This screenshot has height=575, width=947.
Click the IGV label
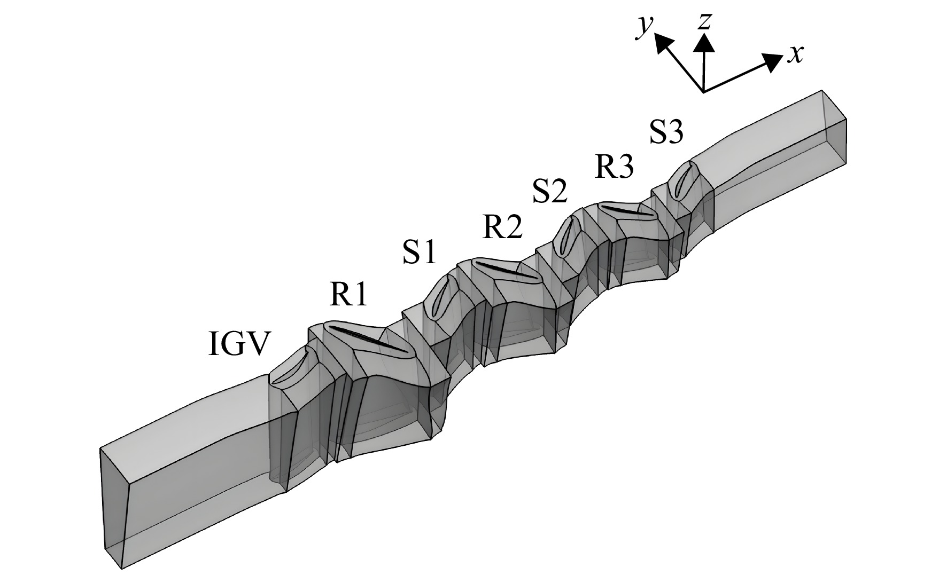(x=237, y=345)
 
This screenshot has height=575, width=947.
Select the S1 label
(x=420, y=253)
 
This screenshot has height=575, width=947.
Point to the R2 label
(x=502, y=226)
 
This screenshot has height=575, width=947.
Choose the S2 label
(x=549, y=192)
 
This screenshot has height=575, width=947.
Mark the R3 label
(x=615, y=166)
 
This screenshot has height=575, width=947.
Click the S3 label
(x=666, y=132)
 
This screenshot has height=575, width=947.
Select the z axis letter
(x=705, y=21)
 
